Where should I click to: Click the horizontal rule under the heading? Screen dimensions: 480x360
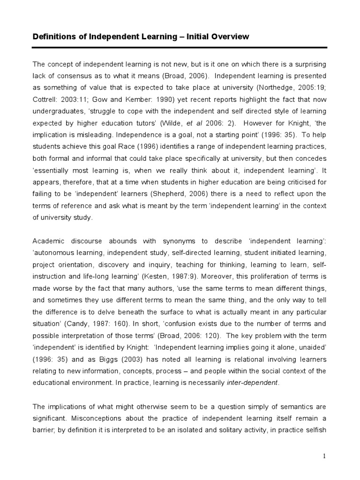tap(180, 47)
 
